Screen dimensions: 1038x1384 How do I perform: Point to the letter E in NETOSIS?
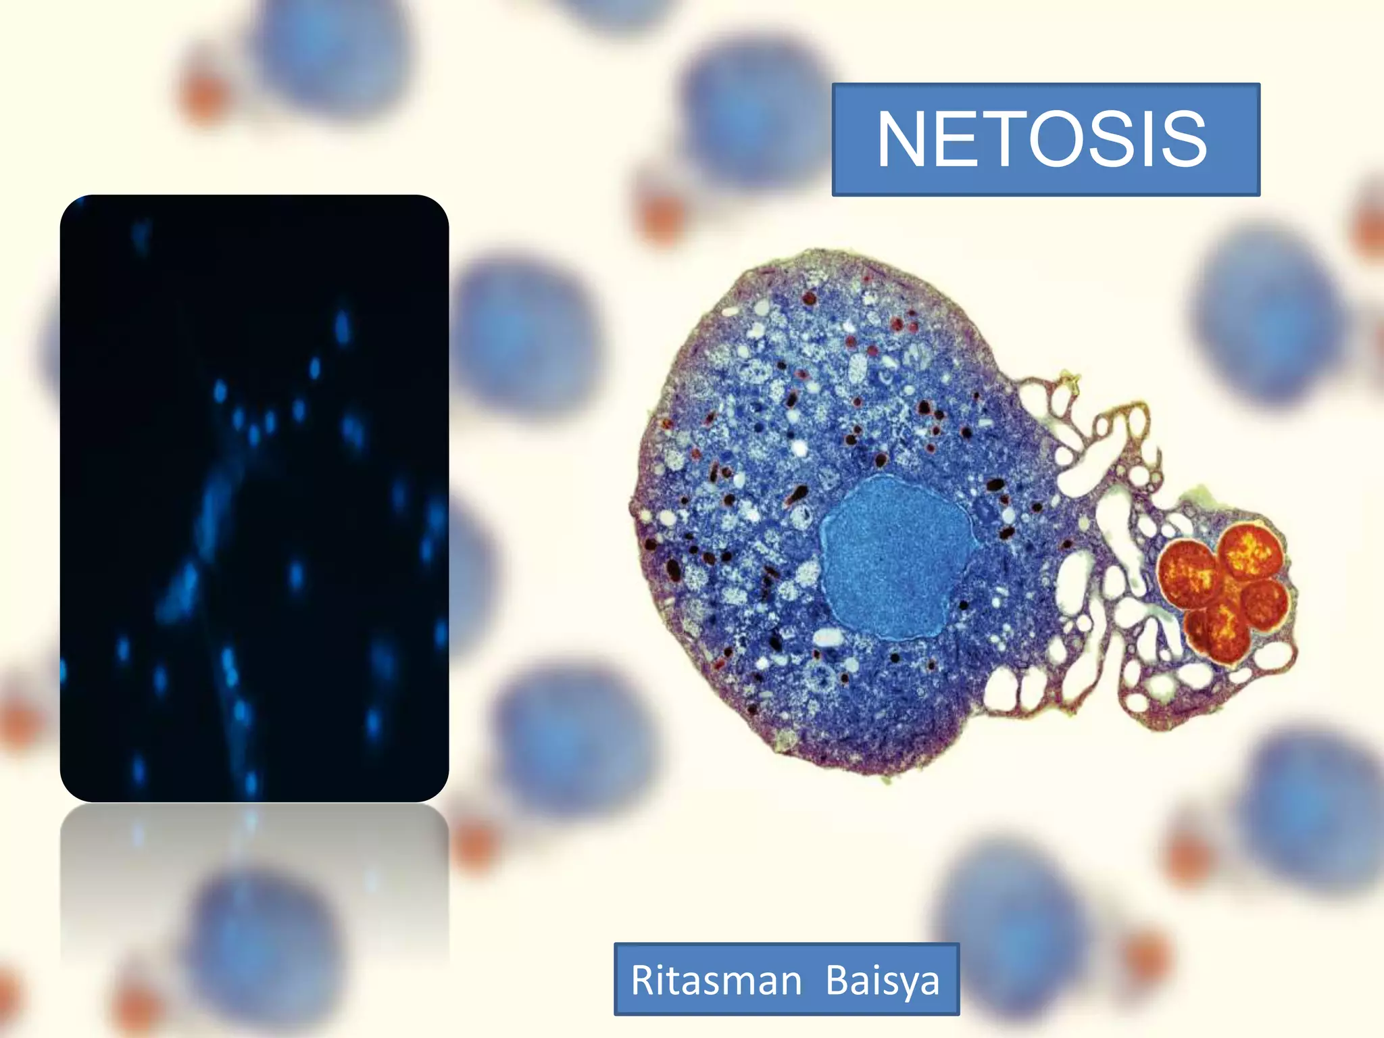pos(958,139)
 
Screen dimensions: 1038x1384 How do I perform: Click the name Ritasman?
pos(716,981)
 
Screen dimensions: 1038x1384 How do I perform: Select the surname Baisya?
pos(883,981)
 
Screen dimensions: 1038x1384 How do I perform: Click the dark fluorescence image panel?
pos(254,498)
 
